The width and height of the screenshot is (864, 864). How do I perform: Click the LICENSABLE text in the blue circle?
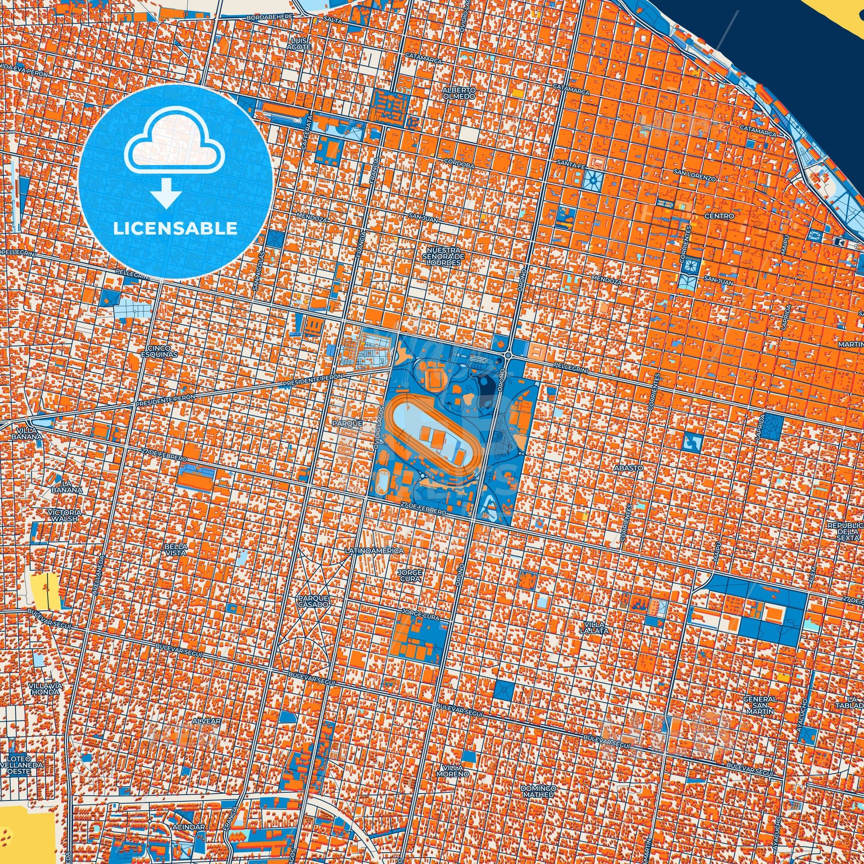click(x=175, y=229)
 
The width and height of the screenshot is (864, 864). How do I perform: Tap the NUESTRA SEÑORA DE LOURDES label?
click(x=443, y=256)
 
